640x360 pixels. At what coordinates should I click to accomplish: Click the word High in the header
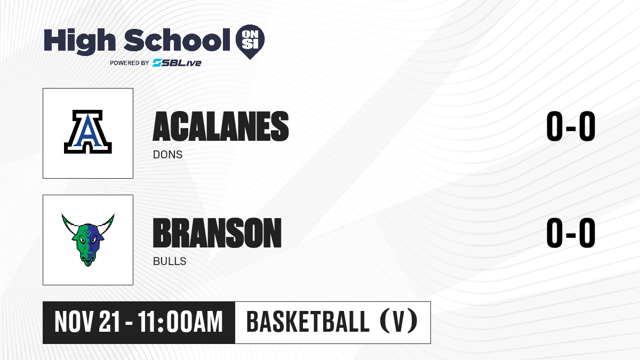pyautogui.click(x=79, y=42)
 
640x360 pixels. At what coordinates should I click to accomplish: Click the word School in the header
pyautogui.click(x=177, y=39)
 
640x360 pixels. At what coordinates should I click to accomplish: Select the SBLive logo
pyautogui.click(x=177, y=62)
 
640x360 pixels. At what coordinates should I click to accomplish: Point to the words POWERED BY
pyautogui.click(x=130, y=63)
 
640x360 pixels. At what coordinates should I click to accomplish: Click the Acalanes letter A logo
pyautogui.click(x=87, y=132)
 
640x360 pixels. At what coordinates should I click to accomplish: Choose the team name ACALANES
pyautogui.click(x=221, y=126)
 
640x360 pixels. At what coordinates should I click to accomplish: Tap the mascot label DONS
pyautogui.click(x=167, y=155)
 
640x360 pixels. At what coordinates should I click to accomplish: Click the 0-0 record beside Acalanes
pyautogui.click(x=571, y=126)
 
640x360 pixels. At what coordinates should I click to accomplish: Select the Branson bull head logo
pyautogui.click(x=88, y=239)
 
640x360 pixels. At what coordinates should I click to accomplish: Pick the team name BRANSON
pyautogui.click(x=217, y=233)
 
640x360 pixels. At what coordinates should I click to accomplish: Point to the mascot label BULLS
pyautogui.click(x=170, y=261)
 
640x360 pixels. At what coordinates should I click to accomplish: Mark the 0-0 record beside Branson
pyautogui.click(x=571, y=233)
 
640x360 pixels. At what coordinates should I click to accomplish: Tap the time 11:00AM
pyautogui.click(x=180, y=322)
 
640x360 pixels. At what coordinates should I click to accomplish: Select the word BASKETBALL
pyautogui.click(x=308, y=322)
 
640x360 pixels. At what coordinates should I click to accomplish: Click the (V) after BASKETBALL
pyautogui.click(x=398, y=322)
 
